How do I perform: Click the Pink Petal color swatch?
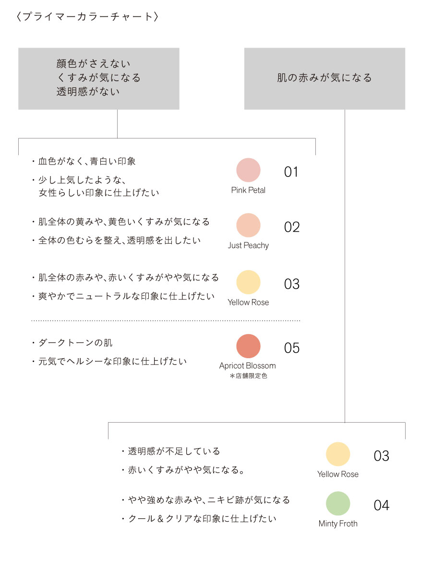(248, 170)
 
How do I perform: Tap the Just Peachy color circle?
(248, 225)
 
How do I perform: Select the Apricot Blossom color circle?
(248, 346)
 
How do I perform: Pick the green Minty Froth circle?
(338, 503)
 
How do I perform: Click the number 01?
(291, 172)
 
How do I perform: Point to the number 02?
(292, 227)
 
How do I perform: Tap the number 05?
(292, 348)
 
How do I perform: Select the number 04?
(382, 505)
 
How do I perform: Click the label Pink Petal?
(248, 190)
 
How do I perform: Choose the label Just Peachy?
(248, 245)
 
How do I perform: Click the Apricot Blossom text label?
(248, 366)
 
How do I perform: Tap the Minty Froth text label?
(338, 524)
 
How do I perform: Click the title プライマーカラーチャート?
(87, 16)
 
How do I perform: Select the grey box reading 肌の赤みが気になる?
(324, 79)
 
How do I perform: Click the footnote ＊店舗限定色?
(248, 376)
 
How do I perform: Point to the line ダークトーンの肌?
(72, 343)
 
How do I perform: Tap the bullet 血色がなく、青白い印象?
(84, 161)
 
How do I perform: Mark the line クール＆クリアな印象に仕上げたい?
(199, 519)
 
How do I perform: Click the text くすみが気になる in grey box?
(99, 77)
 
